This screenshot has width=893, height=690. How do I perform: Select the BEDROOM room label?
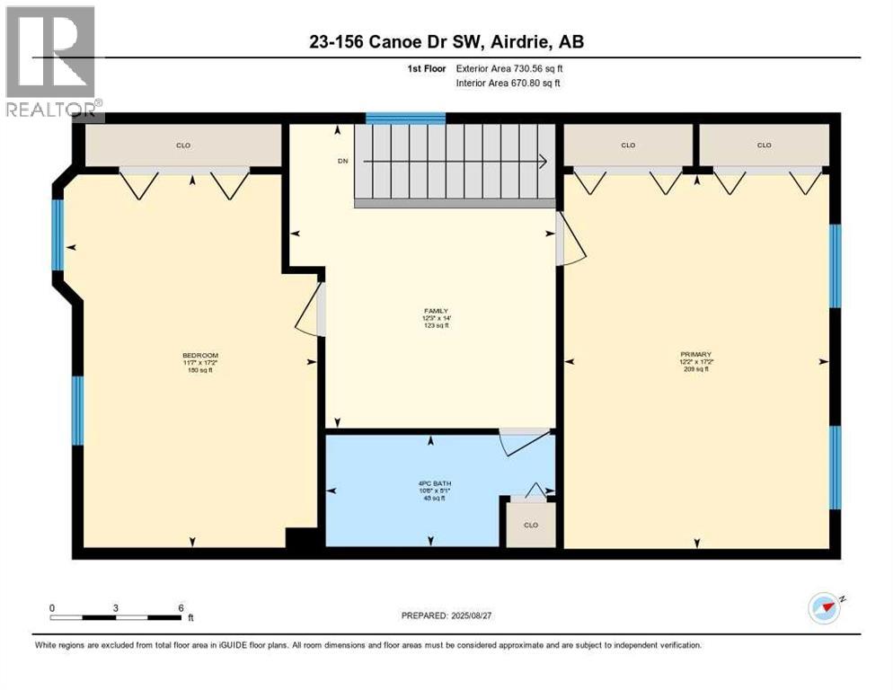200,356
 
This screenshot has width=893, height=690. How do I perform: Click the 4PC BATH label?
431,484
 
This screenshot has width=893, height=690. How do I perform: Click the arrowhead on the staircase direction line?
543,162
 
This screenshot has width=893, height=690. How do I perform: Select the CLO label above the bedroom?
183,145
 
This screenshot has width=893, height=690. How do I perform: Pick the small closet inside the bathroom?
531,525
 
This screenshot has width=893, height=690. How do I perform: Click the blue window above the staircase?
405,118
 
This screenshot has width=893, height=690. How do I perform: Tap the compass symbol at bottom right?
824,608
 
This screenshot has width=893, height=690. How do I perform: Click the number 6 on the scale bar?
181,607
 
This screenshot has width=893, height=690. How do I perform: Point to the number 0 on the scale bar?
52,607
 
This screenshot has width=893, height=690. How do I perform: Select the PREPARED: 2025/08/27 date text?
450,615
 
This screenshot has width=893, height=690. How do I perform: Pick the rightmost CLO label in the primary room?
764,145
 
